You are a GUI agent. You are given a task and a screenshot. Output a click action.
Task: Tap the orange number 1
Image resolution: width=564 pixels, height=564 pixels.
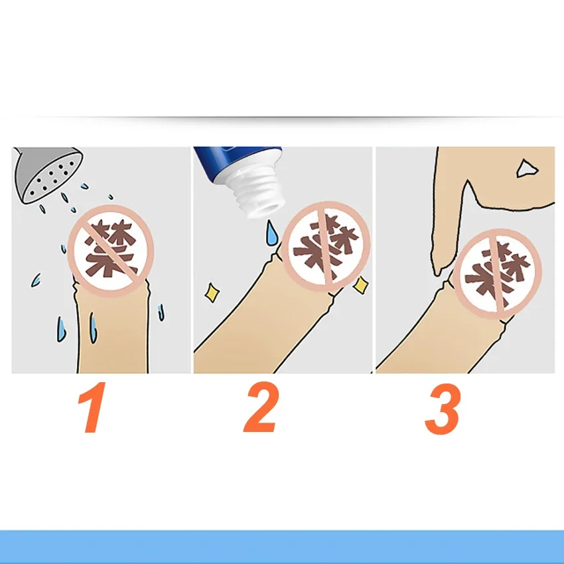point(92,407)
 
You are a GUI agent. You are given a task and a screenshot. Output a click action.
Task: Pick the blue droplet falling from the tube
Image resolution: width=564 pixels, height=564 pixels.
point(271,233)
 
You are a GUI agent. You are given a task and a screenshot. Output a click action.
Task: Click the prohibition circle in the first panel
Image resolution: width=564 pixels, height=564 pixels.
point(111,251)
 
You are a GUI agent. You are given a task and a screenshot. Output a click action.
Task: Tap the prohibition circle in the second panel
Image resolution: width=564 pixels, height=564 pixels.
point(326,247)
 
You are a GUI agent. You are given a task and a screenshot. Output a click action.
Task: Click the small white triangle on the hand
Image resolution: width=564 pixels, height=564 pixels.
point(527,169)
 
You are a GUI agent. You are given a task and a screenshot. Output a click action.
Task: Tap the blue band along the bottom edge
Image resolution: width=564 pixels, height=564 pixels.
point(282,547)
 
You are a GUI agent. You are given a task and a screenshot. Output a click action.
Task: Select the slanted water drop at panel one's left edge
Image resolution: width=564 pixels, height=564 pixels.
point(36,280)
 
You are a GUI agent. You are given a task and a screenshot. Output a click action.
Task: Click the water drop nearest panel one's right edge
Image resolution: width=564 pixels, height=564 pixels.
point(161,313)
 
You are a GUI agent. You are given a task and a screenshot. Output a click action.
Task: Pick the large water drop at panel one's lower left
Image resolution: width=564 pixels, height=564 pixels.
point(62,329)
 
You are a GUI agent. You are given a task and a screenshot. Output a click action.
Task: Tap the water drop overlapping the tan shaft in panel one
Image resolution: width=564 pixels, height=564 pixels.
point(93,327)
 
